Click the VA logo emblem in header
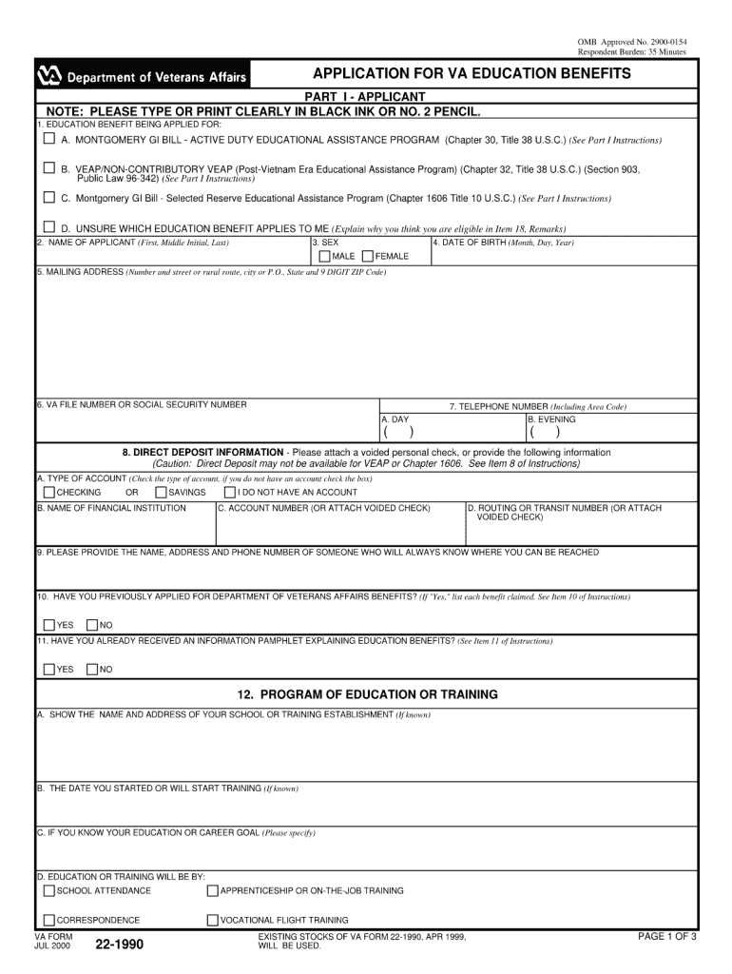(x=48, y=76)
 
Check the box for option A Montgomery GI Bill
(x=48, y=139)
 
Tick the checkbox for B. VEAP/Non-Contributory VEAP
(x=48, y=168)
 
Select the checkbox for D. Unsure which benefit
(x=48, y=227)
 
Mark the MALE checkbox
(x=325, y=256)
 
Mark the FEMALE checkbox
(x=368, y=256)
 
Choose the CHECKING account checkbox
(x=48, y=493)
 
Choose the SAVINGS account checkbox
(x=161, y=493)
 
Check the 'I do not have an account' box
(x=230, y=493)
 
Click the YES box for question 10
(x=48, y=625)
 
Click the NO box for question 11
(x=92, y=670)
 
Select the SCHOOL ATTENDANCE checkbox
(x=48, y=891)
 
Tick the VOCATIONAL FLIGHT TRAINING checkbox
(x=213, y=920)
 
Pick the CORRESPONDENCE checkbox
(x=48, y=920)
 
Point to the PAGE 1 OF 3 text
(x=667, y=937)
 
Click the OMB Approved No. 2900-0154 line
(x=632, y=43)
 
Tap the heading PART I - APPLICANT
(x=364, y=97)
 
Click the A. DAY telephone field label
(x=395, y=419)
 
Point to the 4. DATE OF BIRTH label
(x=504, y=243)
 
